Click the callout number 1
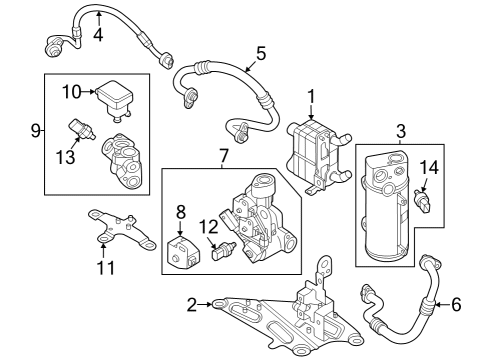tap(312, 96)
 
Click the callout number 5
tap(260, 54)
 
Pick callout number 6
tap(456, 303)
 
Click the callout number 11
tap(105, 267)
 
